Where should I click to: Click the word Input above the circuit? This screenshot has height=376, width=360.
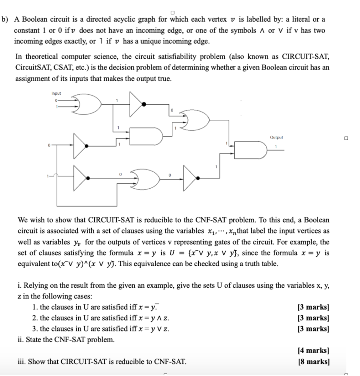click(x=57, y=94)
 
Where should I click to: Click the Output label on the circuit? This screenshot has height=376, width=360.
click(x=276, y=137)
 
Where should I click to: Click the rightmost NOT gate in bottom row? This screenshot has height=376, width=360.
click(x=191, y=178)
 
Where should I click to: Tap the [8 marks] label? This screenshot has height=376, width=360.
click(x=314, y=362)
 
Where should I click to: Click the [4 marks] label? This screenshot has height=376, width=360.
click(x=314, y=351)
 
